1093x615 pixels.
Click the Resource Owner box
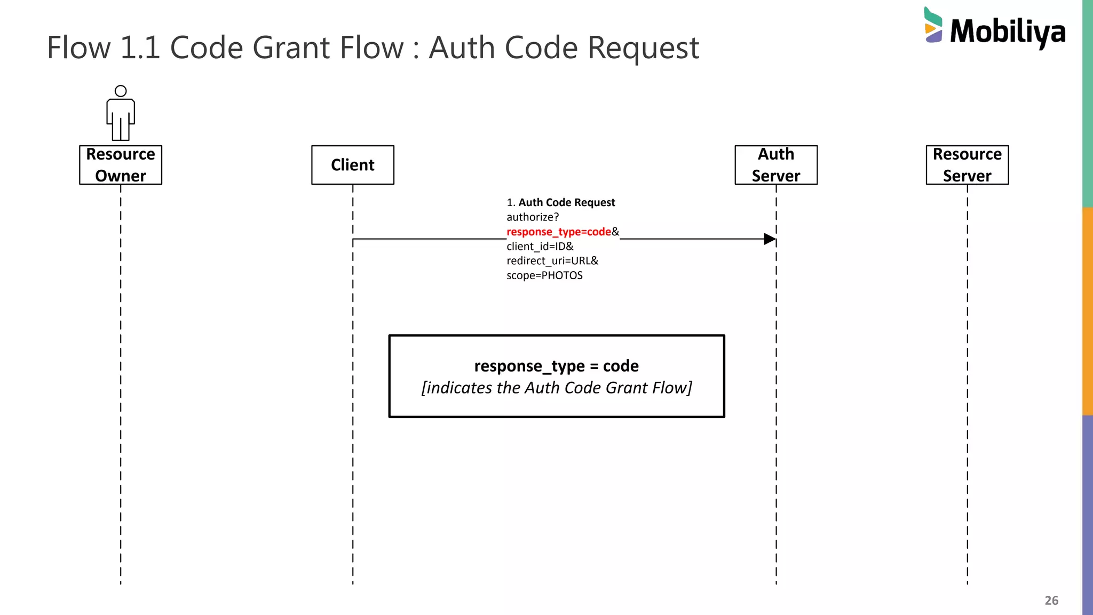pos(121,165)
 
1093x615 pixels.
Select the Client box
pos(353,165)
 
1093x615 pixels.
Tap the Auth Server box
pos(776,165)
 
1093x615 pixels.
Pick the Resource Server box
pos(967,165)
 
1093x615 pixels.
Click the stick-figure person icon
pos(121,113)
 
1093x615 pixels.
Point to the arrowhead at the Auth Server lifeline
pos(770,239)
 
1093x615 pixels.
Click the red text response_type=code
pos(558,232)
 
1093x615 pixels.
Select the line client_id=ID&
pos(540,246)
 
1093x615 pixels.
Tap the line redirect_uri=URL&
pos(552,261)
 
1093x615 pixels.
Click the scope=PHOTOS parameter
pos(544,275)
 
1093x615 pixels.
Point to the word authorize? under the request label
pos(533,217)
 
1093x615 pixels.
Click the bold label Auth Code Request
pos(566,203)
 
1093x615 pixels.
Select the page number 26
pos(1051,601)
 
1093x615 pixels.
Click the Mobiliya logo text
pos(1008,31)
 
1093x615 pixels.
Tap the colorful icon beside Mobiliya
pos(933,25)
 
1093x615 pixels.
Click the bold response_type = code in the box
pos(556,366)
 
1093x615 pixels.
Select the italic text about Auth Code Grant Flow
pos(556,388)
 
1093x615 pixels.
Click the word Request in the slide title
pos(643,48)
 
